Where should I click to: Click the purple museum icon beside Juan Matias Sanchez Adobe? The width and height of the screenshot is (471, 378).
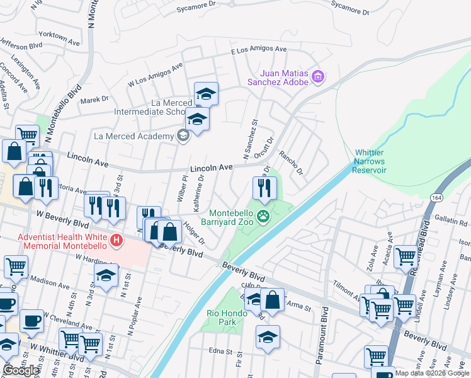(318, 77)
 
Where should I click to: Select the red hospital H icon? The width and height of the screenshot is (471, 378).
(116, 239)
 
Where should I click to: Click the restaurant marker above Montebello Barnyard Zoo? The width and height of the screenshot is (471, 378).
(264, 188)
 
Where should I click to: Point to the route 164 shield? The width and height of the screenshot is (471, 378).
(436, 197)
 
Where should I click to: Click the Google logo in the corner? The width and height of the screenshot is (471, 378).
(21, 370)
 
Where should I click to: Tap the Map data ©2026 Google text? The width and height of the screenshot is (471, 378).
(432, 373)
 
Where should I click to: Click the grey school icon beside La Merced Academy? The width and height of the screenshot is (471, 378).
(183, 136)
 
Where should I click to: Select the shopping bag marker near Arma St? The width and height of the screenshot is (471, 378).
(273, 301)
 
